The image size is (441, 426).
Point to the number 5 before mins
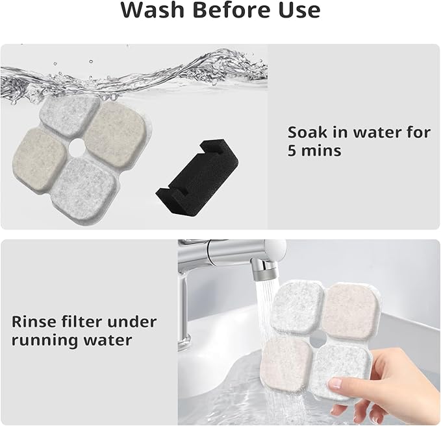point(293,151)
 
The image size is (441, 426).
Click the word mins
point(322,151)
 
